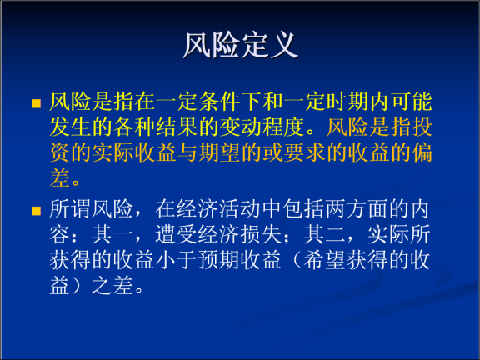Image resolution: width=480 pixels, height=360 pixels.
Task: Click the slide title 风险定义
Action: coord(240,45)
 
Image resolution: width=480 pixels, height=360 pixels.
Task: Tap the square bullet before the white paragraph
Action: coord(36,210)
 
